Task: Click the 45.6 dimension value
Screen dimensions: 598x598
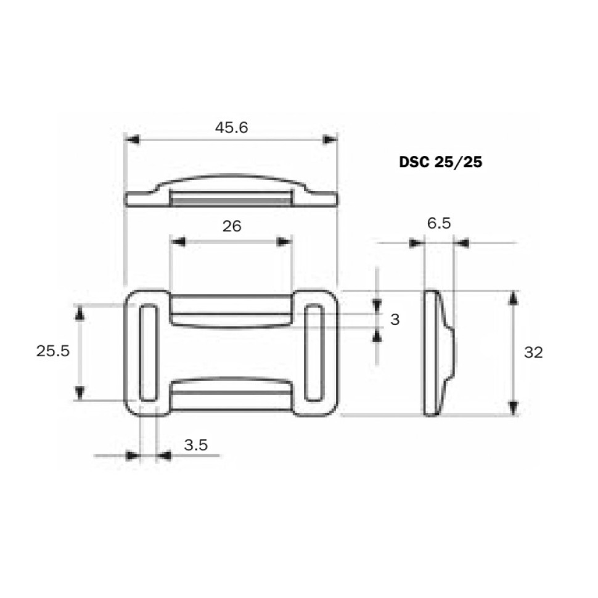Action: click(232, 128)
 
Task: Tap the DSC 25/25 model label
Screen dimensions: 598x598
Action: click(441, 162)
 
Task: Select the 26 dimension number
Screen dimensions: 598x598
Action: click(232, 226)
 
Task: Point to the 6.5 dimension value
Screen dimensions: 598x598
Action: click(439, 223)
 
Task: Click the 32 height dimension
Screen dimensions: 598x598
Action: click(533, 353)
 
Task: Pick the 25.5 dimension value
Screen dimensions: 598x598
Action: click(53, 351)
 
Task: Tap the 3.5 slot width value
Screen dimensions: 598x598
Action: click(196, 444)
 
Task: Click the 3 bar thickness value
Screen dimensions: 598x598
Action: click(395, 319)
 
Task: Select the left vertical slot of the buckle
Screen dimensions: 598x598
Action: click(148, 353)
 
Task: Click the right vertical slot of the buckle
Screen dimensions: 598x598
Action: click(314, 353)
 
